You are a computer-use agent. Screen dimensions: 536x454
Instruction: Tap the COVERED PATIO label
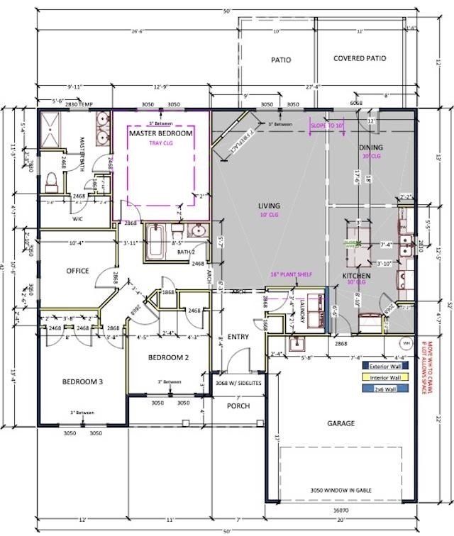pos(360,59)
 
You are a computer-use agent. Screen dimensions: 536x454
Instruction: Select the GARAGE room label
pos(340,423)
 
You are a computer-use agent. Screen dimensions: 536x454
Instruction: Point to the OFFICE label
pos(77,271)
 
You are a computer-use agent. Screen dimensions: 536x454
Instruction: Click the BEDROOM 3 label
pos(82,382)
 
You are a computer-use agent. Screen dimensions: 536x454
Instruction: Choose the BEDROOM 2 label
pos(168,358)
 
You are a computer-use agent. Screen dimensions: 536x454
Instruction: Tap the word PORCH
pos(238,406)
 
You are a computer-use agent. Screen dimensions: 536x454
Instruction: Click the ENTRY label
pos(238,337)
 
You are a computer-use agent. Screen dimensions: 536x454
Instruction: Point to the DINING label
pos(370,147)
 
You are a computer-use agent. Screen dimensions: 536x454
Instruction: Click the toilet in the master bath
pos(51,182)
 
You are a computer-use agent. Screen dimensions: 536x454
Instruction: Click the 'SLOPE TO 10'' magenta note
pos(327,125)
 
